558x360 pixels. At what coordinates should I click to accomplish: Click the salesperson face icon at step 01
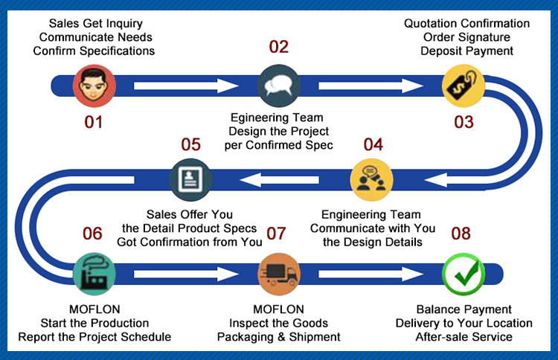[94, 85]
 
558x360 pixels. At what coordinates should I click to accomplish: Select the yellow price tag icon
[464, 86]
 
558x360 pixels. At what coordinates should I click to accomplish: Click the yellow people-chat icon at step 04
[371, 178]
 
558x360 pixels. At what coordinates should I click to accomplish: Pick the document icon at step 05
[190, 178]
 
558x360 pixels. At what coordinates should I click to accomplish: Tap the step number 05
[190, 144]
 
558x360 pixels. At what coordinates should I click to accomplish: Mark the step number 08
[461, 234]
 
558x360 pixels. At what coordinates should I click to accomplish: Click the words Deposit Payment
[467, 51]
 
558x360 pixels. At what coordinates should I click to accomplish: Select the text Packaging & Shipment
[279, 337]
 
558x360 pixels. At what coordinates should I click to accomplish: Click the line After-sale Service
[464, 337]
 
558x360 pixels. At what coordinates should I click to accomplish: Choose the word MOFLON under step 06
[94, 309]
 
